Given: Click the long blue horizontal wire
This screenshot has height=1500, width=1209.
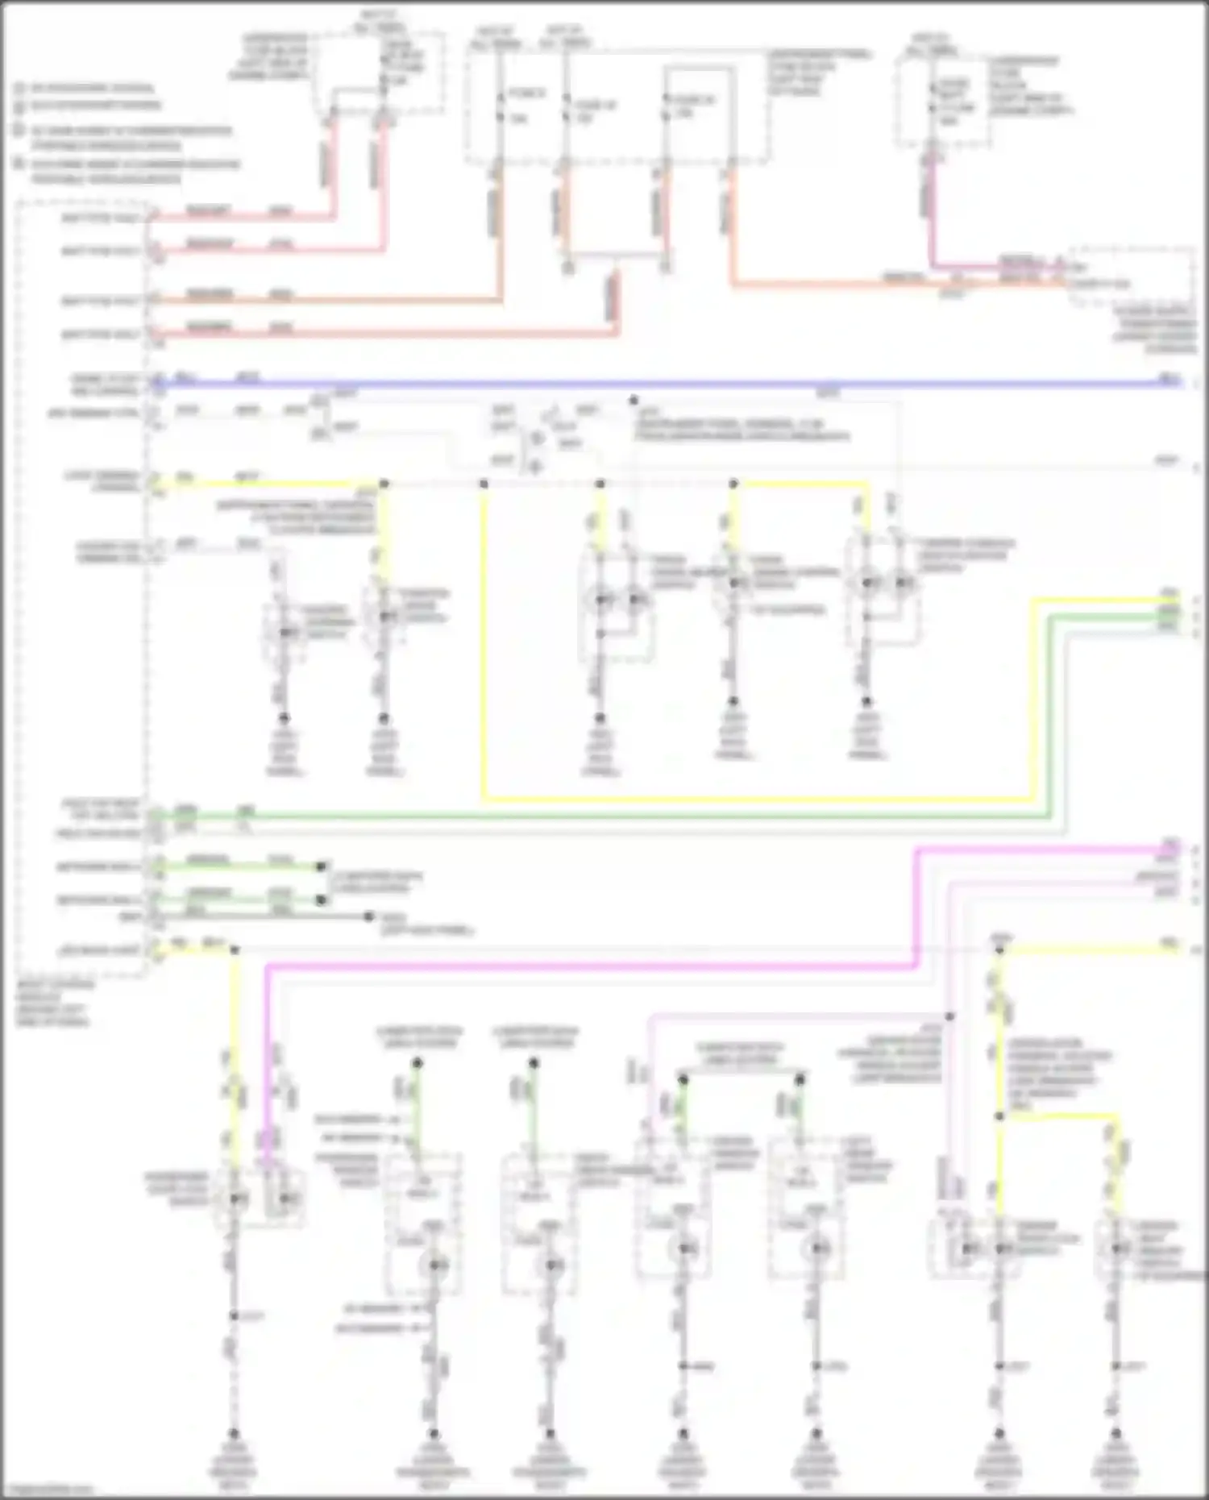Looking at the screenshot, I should (x=645, y=384).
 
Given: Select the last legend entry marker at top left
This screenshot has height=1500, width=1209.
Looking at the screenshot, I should (x=19, y=164).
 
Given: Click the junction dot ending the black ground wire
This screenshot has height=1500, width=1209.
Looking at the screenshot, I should (x=369, y=916).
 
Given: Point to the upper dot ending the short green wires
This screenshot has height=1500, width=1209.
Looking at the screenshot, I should (x=322, y=866).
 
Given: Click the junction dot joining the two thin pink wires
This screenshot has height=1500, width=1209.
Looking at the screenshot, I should (x=950, y=1017).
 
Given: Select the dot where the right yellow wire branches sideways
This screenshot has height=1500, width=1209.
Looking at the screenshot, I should (x=999, y=1116).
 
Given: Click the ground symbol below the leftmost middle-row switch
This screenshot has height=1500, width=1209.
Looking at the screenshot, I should (x=284, y=718).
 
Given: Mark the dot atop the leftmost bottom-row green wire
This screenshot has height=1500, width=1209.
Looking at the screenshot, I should (x=418, y=1064).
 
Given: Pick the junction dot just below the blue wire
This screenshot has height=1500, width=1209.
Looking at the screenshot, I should (x=634, y=400).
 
